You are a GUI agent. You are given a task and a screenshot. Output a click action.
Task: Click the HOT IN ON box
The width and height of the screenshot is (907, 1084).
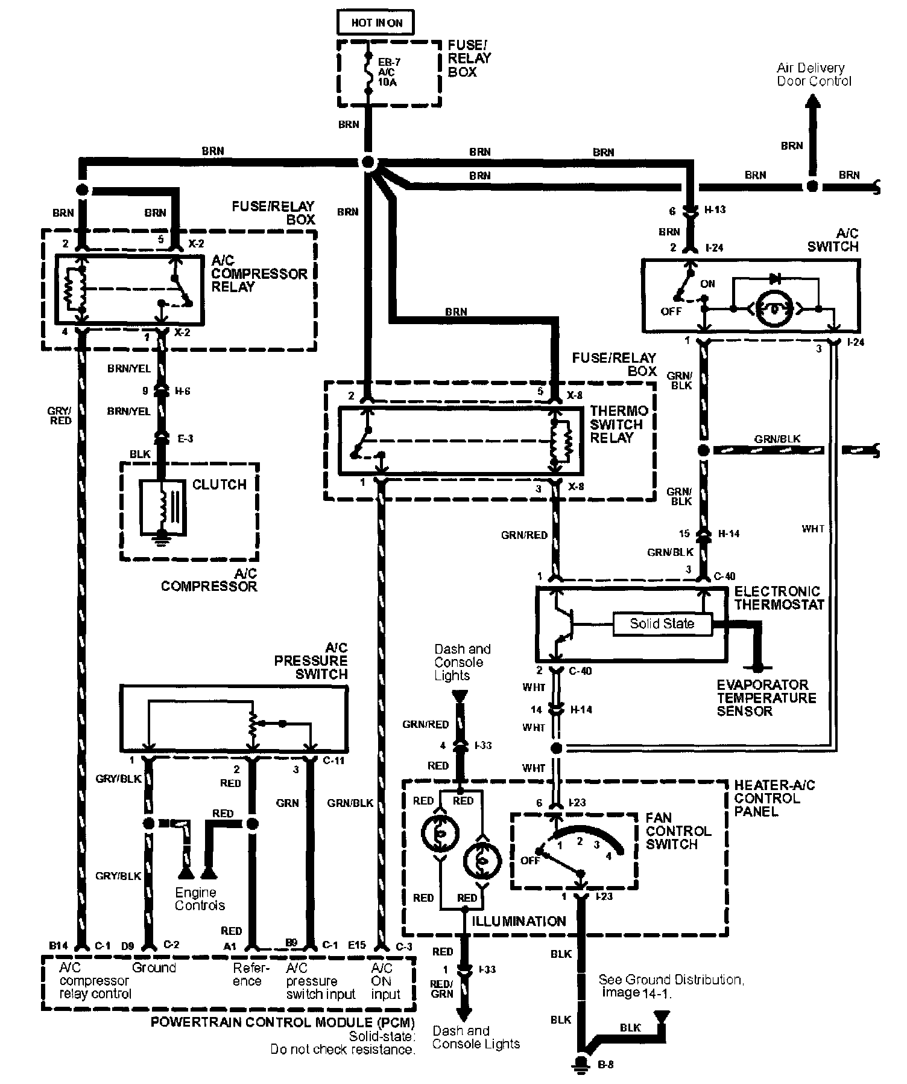coord(377,23)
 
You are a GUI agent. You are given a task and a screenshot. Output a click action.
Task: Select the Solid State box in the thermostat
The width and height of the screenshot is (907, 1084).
coord(662,623)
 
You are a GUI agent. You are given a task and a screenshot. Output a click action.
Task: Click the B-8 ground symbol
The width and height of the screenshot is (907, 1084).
coord(583,1063)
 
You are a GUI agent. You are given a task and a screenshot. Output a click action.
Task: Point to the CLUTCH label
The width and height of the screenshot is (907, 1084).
coord(219,485)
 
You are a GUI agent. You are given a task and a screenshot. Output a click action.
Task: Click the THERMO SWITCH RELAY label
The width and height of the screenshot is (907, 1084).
coord(619,424)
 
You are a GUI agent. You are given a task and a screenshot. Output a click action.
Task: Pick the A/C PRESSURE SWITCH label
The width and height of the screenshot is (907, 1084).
coord(312,661)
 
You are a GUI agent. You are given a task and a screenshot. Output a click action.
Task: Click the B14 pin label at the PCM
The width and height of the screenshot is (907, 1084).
coord(58,946)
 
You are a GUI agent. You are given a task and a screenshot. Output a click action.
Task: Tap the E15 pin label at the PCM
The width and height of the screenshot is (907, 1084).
coord(357,946)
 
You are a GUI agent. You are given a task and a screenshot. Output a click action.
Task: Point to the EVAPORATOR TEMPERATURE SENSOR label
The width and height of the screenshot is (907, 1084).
coord(766,698)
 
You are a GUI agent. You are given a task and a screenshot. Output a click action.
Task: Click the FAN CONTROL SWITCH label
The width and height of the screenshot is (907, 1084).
coord(678,831)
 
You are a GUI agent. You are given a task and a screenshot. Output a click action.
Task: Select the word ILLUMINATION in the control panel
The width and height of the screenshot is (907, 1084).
coord(519,922)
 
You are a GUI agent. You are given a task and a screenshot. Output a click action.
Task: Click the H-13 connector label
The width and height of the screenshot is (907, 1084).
coord(715,209)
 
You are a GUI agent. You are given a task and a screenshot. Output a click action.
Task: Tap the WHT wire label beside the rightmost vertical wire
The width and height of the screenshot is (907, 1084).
coord(813,529)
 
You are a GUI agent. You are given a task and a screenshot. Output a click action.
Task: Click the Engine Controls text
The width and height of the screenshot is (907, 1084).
coord(200,899)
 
